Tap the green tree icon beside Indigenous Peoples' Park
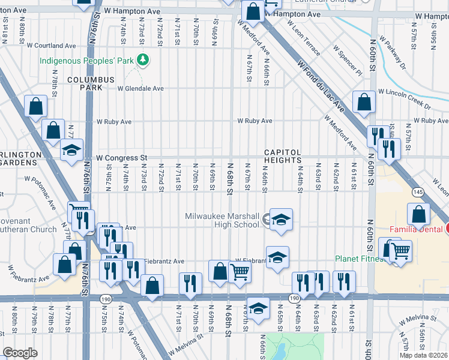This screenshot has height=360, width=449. tap(143, 59)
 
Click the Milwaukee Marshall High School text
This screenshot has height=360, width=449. tap(222, 220)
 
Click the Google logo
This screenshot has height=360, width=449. tap(20, 353)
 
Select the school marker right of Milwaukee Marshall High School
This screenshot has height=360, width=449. tap(280, 220)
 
